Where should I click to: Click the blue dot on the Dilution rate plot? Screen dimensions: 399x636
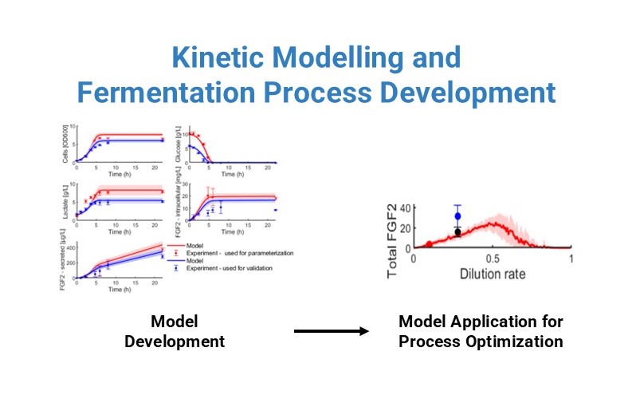point(457,216)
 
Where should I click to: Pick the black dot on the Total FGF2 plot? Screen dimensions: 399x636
point(457,231)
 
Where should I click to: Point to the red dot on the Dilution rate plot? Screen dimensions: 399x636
point(429,244)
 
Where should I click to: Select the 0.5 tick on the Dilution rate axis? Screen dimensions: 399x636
point(492,259)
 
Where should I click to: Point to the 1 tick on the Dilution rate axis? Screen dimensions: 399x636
point(571,259)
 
